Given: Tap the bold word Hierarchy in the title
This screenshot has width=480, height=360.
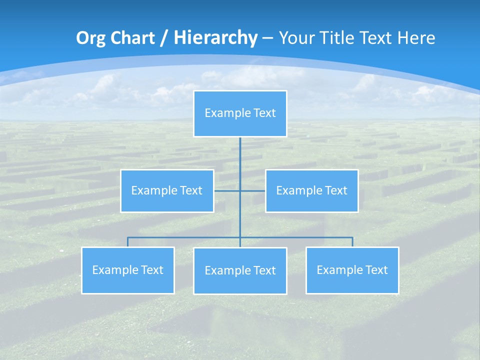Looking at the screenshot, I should pos(215,38).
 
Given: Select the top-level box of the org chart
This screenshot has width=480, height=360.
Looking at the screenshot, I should pos(240,113).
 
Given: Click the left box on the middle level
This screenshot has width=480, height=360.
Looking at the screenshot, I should pos(167,190).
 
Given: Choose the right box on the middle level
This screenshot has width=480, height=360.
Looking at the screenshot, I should pos(311,190).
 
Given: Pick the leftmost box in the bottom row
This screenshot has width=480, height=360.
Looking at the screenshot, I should pos(127,270).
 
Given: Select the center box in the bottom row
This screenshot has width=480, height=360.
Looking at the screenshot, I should pos(240,270).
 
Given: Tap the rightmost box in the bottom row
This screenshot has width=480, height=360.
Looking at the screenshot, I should pos(352,270).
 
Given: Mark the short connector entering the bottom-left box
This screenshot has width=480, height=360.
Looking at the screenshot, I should pos(127,242).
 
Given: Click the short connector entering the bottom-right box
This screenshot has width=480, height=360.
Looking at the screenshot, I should pos(352,242).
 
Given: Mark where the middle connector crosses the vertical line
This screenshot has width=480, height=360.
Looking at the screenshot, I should pos(240,190).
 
